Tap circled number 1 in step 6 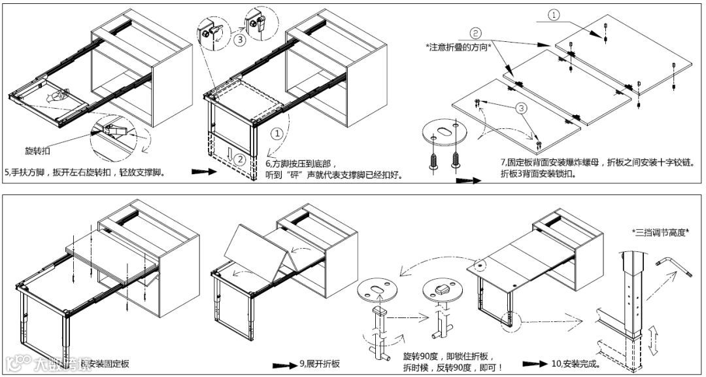[278, 134]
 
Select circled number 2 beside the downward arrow [240, 158]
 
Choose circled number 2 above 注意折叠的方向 [475, 32]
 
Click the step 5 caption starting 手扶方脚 [85, 173]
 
